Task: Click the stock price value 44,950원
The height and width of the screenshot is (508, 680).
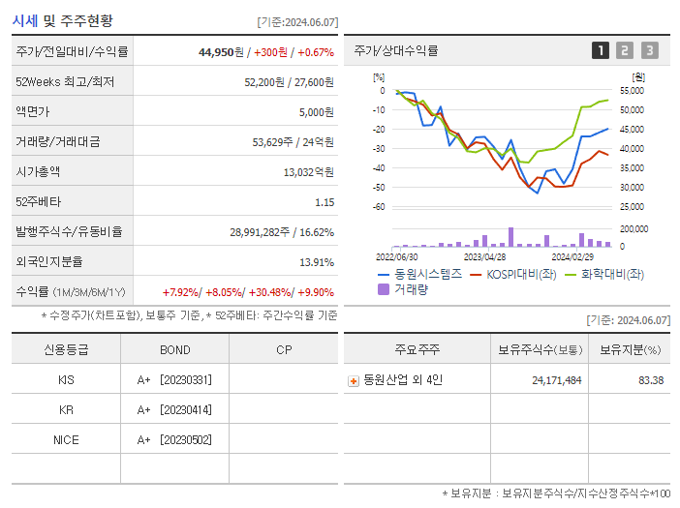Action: coord(218,51)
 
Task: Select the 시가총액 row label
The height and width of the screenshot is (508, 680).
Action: coord(38,172)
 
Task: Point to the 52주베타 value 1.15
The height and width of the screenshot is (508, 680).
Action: coord(324,202)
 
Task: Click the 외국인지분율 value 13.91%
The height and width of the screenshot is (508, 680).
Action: coord(316,262)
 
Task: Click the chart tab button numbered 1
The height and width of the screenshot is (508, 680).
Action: coord(601,50)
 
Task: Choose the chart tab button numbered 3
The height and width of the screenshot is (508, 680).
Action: coord(649,50)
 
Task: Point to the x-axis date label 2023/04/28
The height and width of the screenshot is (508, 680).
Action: coord(484,257)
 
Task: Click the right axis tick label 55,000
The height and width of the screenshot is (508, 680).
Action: coord(632,91)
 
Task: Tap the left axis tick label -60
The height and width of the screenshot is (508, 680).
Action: coord(379,207)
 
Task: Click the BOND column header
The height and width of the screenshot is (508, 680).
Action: coord(174,350)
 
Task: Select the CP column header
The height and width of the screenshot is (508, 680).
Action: coord(284,350)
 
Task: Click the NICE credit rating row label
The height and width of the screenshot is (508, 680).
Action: coord(66,439)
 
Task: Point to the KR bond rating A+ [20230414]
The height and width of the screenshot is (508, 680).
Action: coord(174,410)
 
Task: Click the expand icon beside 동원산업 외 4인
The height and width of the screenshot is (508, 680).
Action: coord(354,381)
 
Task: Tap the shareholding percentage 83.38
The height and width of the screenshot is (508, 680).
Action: coord(644,380)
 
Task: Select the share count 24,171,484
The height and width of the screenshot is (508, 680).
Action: coord(556,380)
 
